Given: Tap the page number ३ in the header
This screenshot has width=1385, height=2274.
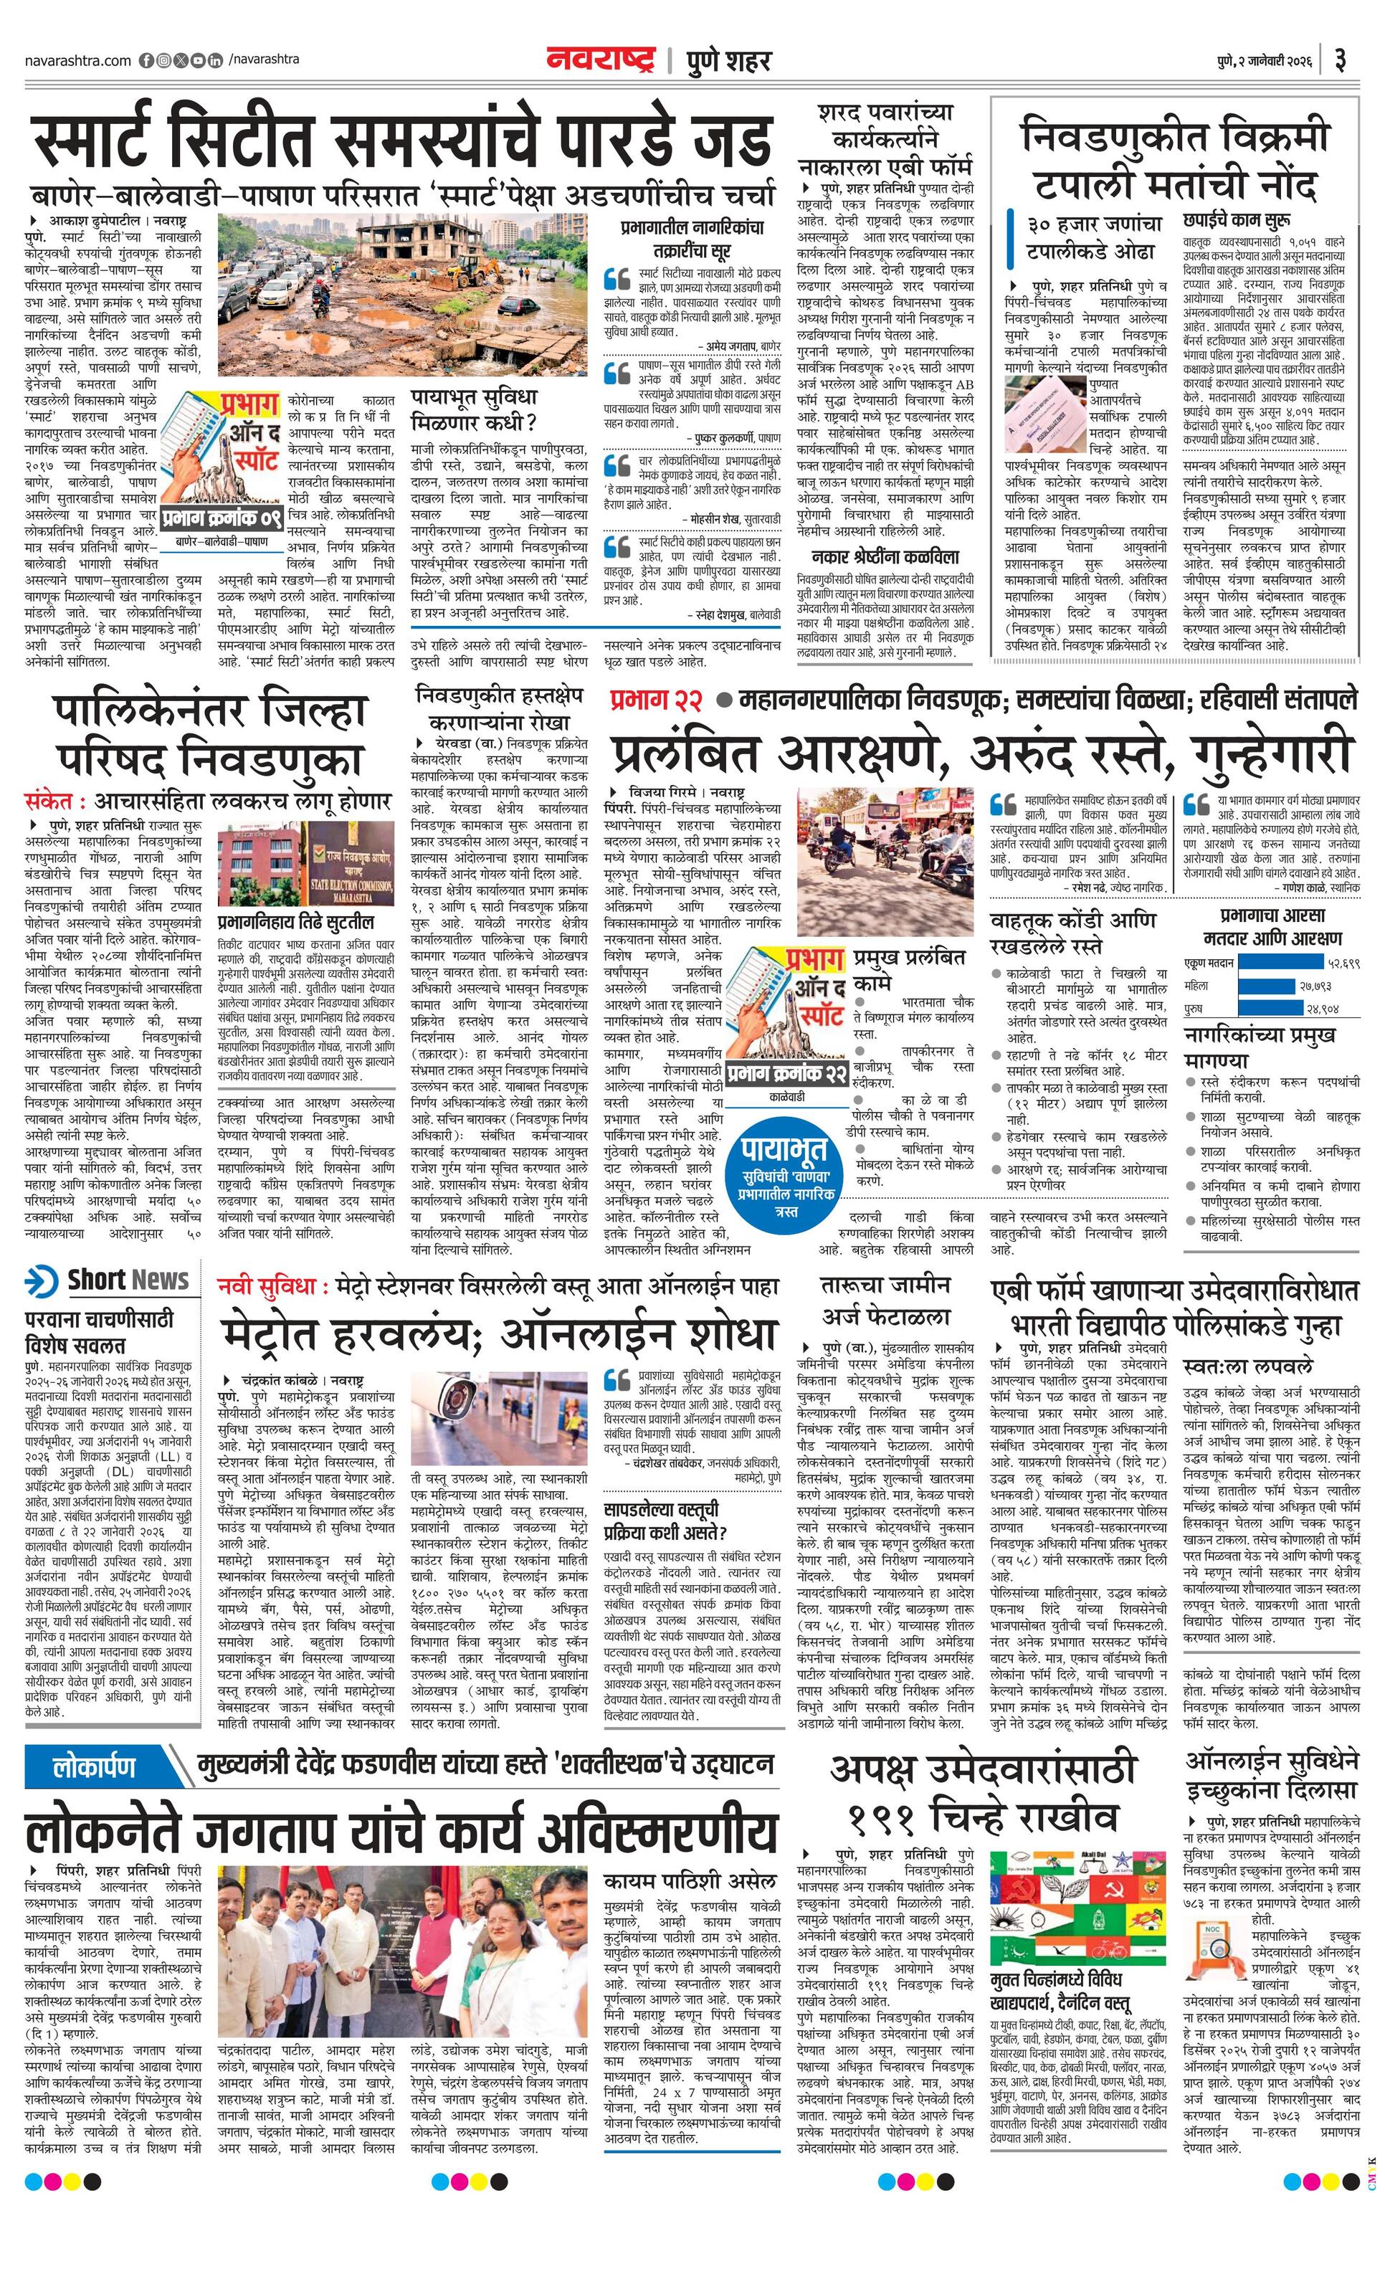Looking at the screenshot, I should tap(1340, 61).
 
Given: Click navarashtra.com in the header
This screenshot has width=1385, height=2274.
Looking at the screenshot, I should tap(77, 61).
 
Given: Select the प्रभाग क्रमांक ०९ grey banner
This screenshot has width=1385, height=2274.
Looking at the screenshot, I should tap(222, 518).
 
